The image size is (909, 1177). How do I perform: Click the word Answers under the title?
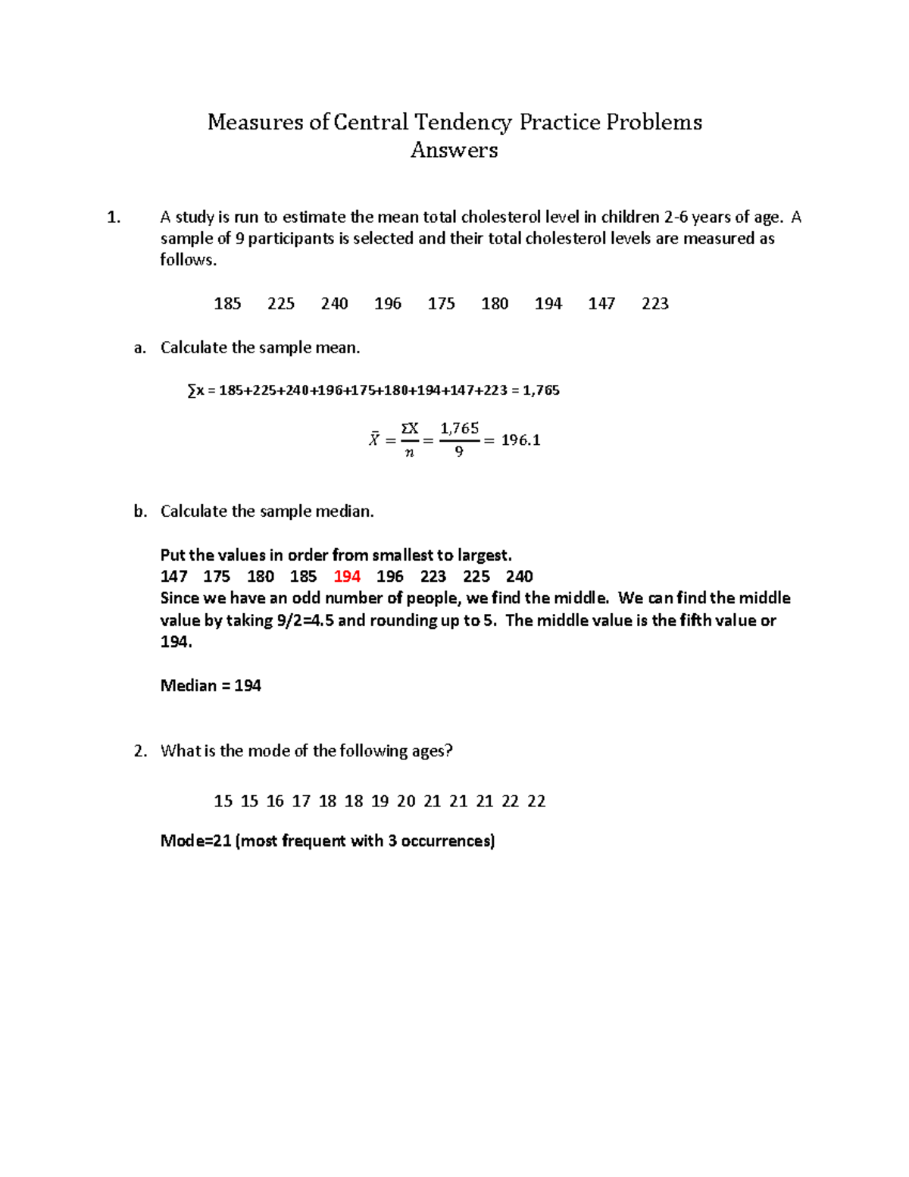point(454,150)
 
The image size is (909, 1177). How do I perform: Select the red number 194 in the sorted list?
point(347,577)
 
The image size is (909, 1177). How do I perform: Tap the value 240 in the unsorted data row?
point(334,304)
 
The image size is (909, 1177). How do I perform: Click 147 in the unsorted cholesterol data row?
point(601,304)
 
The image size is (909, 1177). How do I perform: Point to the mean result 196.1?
point(520,440)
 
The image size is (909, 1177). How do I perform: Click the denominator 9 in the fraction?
point(459,452)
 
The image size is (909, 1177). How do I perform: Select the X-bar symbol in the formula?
point(374,440)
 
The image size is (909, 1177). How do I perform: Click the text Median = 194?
point(211,686)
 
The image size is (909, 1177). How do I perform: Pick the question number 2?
point(139,751)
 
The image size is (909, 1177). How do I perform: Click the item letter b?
point(139,512)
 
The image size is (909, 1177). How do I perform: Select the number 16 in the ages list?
point(275,801)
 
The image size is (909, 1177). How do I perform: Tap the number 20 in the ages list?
point(406,801)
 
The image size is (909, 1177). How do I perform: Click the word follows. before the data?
point(188,260)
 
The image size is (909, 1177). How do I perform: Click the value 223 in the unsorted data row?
point(655,304)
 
